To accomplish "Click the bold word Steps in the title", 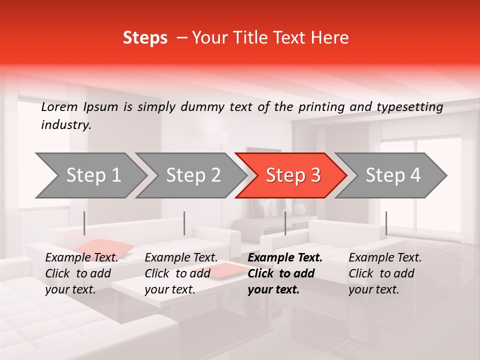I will pos(145,38).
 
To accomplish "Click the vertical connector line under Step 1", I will pos(84,223).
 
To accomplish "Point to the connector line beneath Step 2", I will pos(184,223).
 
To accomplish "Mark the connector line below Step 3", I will pos(285,223).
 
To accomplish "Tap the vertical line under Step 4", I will pos(386,223).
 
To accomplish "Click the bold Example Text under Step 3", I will pos(285,258).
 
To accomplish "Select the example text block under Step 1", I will pos(81,273).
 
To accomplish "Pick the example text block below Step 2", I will pos(181,273).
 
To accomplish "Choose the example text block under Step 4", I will pos(385,273).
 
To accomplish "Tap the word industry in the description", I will pos(65,124).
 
